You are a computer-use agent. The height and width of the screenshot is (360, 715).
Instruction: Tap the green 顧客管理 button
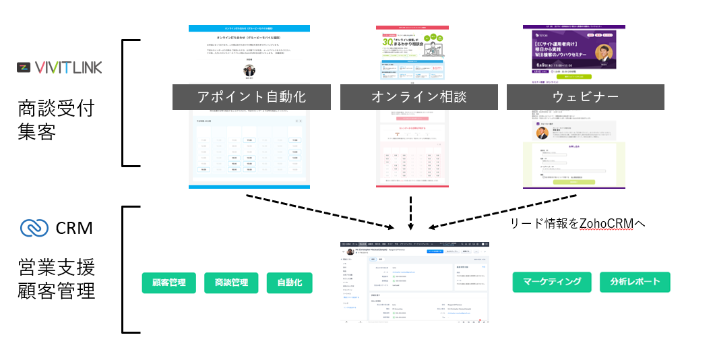pos(169,282)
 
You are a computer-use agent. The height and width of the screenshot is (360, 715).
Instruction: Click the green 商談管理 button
pos(231,282)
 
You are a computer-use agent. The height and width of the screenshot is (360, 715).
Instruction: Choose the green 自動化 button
pos(289,282)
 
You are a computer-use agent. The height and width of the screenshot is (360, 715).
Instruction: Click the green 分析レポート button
pos(635,282)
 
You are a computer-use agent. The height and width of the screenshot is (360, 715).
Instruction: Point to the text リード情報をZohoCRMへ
pos(579,223)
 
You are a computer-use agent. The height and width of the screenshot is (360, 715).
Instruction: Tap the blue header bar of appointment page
pos(249,28)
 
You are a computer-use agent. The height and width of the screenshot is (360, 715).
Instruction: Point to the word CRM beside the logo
pos(75,228)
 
